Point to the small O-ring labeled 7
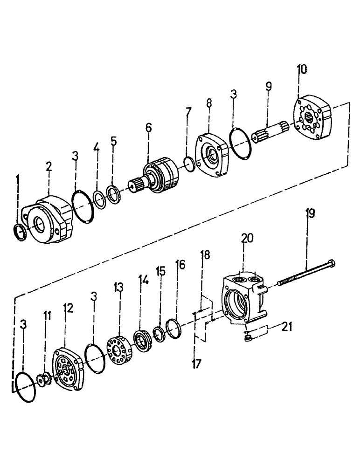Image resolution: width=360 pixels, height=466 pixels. point(189,164)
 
